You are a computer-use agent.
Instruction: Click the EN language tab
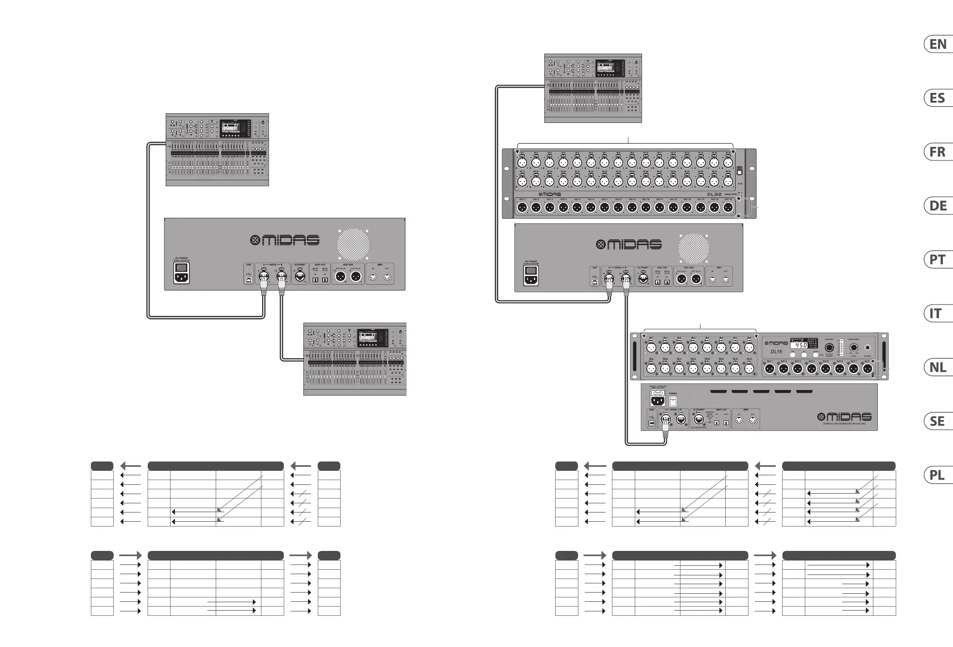click(937, 44)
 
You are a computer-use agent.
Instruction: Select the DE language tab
click(937, 205)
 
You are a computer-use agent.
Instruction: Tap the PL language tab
click(937, 475)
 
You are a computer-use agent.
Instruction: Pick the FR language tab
click(937, 152)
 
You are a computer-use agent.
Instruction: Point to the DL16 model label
click(776, 352)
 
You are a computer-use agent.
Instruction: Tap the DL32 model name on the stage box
click(714, 194)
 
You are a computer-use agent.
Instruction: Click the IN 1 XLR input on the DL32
click(522, 163)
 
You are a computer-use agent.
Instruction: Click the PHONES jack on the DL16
click(867, 348)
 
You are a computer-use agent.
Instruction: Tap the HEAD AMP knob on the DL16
click(829, 348)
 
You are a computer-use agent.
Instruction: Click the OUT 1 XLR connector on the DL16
click(770, 369)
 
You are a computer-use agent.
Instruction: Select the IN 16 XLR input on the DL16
click(749, 369)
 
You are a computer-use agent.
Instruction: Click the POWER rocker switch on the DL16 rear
click(673, 401)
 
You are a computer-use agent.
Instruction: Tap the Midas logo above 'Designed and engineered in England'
click(845, 417)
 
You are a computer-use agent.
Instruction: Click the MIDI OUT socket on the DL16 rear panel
click(752, 420)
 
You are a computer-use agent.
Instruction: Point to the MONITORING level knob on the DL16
click(854, 348)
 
